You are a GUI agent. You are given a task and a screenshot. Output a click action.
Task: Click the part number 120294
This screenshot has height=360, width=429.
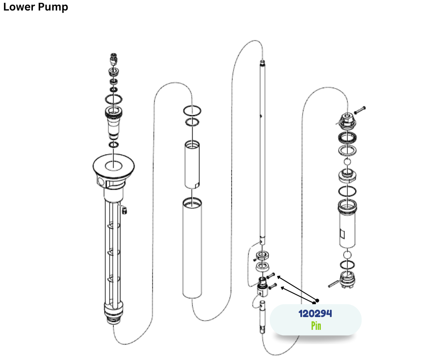click(x=315, y=313)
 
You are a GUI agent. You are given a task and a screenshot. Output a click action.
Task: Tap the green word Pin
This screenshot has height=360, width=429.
click(x=316, y=326)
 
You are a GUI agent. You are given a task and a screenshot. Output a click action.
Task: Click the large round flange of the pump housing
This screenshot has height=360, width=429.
click(x=114, y=165)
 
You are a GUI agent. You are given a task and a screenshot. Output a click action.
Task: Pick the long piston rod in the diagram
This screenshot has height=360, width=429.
click(x=262, y=151)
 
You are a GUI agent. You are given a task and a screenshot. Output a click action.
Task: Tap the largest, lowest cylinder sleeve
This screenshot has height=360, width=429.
click(x=192, y=248)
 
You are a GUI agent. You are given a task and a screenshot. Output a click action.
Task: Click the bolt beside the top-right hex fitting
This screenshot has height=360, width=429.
click(x=360, y=110)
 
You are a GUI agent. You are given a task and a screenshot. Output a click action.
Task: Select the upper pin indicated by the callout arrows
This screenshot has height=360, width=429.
click(x=271, y=275)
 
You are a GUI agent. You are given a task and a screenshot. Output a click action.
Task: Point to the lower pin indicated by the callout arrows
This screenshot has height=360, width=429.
click(x=272, y=286)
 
